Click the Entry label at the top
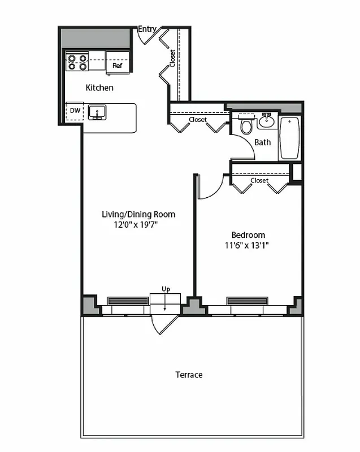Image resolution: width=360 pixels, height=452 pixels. click(147, 29)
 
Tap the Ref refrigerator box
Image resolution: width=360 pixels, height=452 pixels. click(118, 66)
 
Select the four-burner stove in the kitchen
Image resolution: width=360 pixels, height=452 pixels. click(77, 62)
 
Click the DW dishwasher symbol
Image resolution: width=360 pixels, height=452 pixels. click(75, 111)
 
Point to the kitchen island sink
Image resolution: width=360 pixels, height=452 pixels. click(98, 112)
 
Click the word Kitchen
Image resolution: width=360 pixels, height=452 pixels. click(99, 88)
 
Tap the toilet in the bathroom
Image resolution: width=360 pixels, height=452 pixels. click(246, 125)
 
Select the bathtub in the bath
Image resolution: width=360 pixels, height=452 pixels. click(289, 137)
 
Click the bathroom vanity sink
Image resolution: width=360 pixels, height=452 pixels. click(267, 120)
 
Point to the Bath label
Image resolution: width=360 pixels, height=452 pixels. click(262, 142)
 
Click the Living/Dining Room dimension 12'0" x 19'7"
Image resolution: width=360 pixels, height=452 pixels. click(138, 224)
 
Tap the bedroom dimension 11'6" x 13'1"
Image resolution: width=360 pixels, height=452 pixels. click(249, 245)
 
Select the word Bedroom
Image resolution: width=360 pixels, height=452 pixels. click(248, 235)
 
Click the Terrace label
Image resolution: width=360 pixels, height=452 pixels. click(189, 375)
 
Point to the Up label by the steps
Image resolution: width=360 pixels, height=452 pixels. click(166, 289)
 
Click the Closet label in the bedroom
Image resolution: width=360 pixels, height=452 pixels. click(259, 180)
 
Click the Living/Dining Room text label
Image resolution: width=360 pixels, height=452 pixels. click(138, 214)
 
